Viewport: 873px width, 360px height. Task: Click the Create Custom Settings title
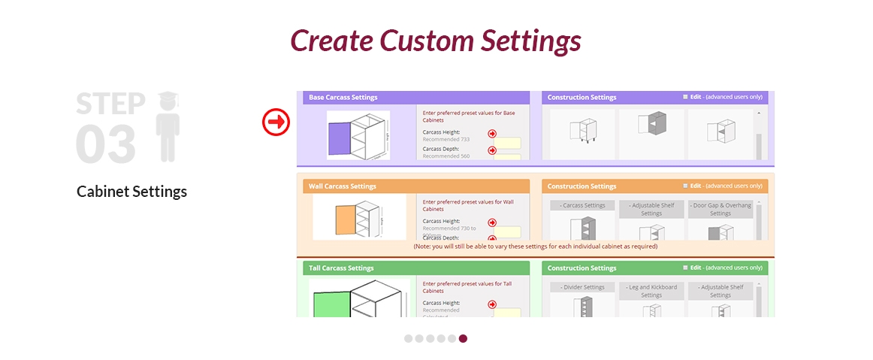pos(436,41)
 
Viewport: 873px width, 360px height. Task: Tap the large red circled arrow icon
pos(276,122)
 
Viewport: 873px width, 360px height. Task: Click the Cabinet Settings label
pos(131,192)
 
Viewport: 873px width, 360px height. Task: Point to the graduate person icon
pos(167,126)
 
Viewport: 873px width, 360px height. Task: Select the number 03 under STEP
pos(106,144)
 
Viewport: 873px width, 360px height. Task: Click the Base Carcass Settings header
pos(343,97)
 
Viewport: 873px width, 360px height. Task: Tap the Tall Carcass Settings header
pos(341,268)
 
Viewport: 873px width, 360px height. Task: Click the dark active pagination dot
pos(463,338)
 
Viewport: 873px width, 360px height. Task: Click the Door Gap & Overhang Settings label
pos(720,209)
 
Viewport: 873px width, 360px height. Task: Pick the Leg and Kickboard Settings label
pos(651,291)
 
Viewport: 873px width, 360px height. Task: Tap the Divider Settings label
pos(582,287)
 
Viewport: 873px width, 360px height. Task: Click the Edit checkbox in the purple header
pos(685,97)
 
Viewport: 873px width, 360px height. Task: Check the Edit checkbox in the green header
pos(685,268)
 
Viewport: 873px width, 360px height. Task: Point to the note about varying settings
pos(535,247)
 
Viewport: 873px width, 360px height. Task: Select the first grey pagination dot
pos(409,338)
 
